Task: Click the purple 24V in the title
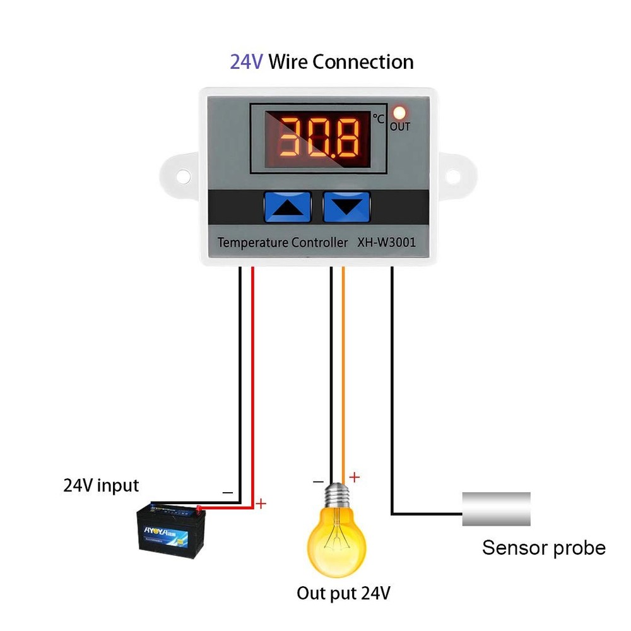pos(246,62)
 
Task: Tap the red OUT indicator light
pos(399,113)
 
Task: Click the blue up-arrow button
pos(288,207)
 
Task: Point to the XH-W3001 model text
pos(384,242)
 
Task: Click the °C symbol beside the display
pos(378,118)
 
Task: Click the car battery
pos(171,529)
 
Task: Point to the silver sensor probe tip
pos(496,509)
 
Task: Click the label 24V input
pos(101,485)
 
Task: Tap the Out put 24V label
pos(344,593)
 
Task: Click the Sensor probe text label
pos(544,547)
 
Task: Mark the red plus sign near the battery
pos(261,504)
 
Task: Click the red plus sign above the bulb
pos(355,477)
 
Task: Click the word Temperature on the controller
pos(252,242)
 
